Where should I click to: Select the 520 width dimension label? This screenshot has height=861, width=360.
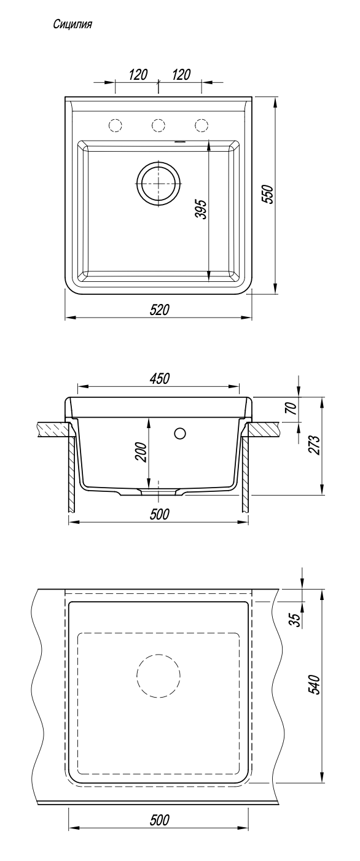[159, 310]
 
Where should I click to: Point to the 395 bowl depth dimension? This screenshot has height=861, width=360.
[201, 209]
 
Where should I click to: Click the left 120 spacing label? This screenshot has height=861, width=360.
[138, 74]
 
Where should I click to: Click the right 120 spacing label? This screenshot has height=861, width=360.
[181, 74]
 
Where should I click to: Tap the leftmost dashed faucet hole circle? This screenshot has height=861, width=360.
[115, 125]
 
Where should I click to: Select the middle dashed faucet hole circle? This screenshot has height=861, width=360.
[158, 125]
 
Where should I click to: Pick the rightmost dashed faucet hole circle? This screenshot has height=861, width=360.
[201, 125]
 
